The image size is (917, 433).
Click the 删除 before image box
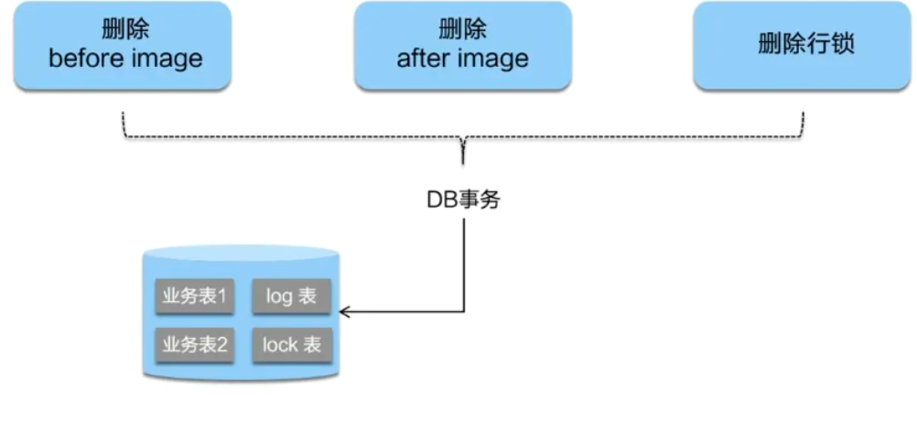coord(124,46)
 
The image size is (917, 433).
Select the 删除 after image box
coord(462,46)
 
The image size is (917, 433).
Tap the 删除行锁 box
coord(805,46)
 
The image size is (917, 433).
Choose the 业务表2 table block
coord(195,344)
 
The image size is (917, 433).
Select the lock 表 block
coord(291,344)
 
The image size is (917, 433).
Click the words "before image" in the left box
coord(124,60)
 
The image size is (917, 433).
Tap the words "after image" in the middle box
coord(462,60)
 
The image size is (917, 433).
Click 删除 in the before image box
coord(124,30)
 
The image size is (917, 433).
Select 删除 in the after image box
coord(462,30)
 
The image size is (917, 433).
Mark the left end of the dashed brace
coord(124,117)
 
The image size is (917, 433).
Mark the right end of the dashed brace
coord(804,117)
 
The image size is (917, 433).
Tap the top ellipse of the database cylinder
coord(243,256)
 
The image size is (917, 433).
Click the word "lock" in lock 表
coord(280,344)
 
